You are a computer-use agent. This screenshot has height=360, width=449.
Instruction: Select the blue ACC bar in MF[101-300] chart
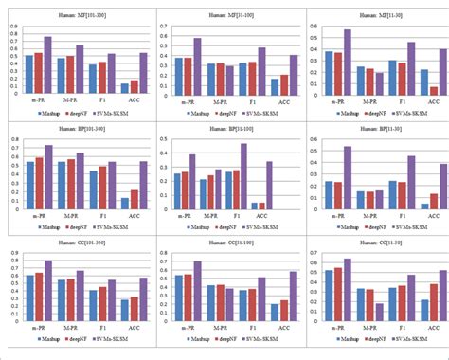[124, 87]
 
